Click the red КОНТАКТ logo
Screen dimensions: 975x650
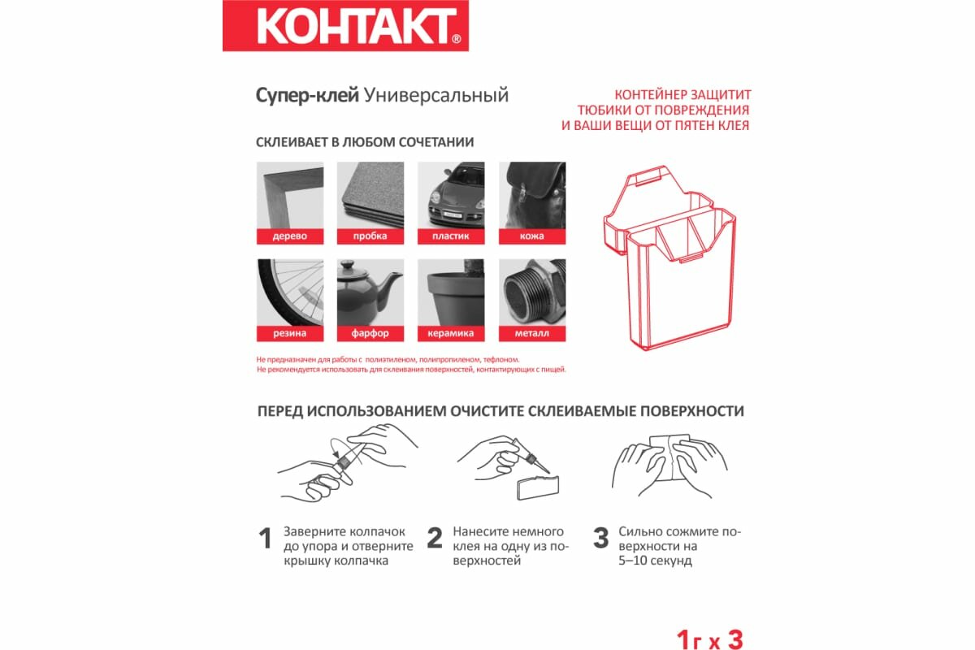pyautogui.click(x=345, y=26)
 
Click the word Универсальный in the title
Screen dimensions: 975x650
pyautogui.click(x=436, y=95)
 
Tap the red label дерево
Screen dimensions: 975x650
pyautogui.click(x=290, y=236)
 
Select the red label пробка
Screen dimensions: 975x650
pyautogui.click(x=370, y=236)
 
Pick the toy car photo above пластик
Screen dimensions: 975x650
pyautogui.click(x=451, y=196)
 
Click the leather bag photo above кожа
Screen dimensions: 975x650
pyautogui.click(x=532, y=196)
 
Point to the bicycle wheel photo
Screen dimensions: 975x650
pyautogui.click(x=290, y=292)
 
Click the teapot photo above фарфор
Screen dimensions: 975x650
pyautogui.click(x=370, y=292)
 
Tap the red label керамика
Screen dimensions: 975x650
pyautogui.click(x=451, y=333)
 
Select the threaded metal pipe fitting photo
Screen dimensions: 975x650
pyautogui.click(x=532, y=292)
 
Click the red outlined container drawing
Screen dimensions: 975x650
pyautogui.click(x=669, y=258)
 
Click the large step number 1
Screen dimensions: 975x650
pyautogui.click(x=265, y=539)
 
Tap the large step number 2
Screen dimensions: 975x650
pyautogui.click(x=435, y=538)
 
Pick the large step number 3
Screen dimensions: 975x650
pyautogui.click(x=600, y=538)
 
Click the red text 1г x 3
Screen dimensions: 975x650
pyautogui.click(x=709, y=640)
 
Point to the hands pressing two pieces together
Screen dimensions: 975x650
pyautogui.click(x=669, y=466)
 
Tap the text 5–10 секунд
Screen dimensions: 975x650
pyautogui.click(x=655, y=561)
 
